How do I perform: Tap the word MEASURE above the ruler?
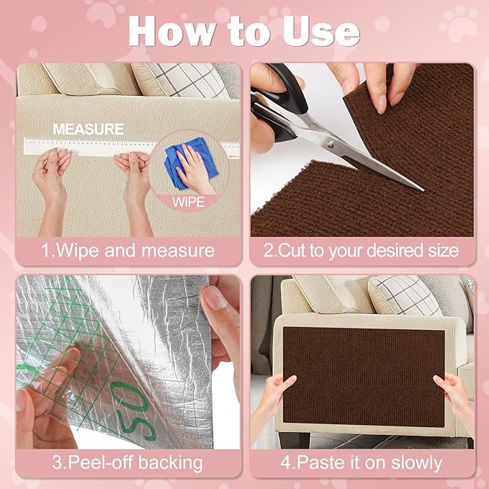88,129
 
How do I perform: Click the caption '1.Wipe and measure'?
128,251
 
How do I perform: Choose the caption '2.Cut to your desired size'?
362,251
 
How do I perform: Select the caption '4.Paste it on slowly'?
362,462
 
